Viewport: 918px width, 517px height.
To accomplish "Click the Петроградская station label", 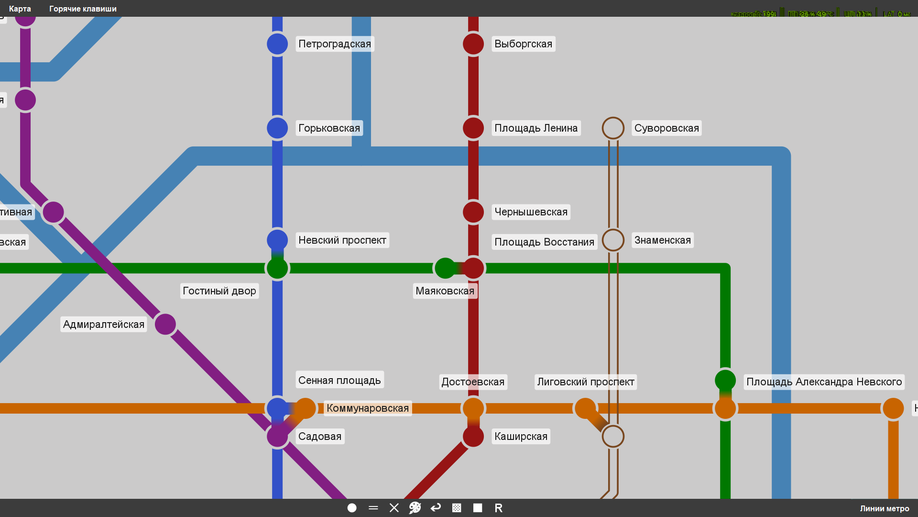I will (335, 44).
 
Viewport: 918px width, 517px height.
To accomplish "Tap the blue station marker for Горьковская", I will (277, 128).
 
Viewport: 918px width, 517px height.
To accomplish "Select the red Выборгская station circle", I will (473, 44).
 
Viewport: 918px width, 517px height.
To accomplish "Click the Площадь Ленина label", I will (535, 128).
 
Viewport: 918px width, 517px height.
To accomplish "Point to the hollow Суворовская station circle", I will (613, 128).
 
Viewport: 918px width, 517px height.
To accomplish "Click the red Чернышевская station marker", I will (473, 212).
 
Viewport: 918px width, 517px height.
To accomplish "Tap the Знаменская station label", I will (662, 240).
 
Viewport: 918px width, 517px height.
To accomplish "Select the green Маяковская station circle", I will (445, 268).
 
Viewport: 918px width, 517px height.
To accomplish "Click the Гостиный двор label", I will (219, 291).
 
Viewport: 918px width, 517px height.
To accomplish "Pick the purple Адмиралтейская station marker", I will (165, 325).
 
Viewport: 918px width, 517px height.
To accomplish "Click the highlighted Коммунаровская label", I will (367, 408).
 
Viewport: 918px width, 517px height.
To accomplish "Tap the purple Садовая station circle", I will (277, 437).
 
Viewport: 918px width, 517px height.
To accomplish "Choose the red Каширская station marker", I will (473, 437).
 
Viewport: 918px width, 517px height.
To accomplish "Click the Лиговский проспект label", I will (585, 382).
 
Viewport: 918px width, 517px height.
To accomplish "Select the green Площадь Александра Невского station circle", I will (725, 381).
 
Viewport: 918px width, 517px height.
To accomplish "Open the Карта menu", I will (20, 9).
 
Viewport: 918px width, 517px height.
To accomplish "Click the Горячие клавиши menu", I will (83, 9).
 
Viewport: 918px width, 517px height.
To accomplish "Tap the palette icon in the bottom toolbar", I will (415, 508).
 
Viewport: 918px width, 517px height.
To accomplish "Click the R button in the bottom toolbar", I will (498, 508).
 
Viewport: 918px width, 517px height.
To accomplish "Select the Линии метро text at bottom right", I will (884, 508).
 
